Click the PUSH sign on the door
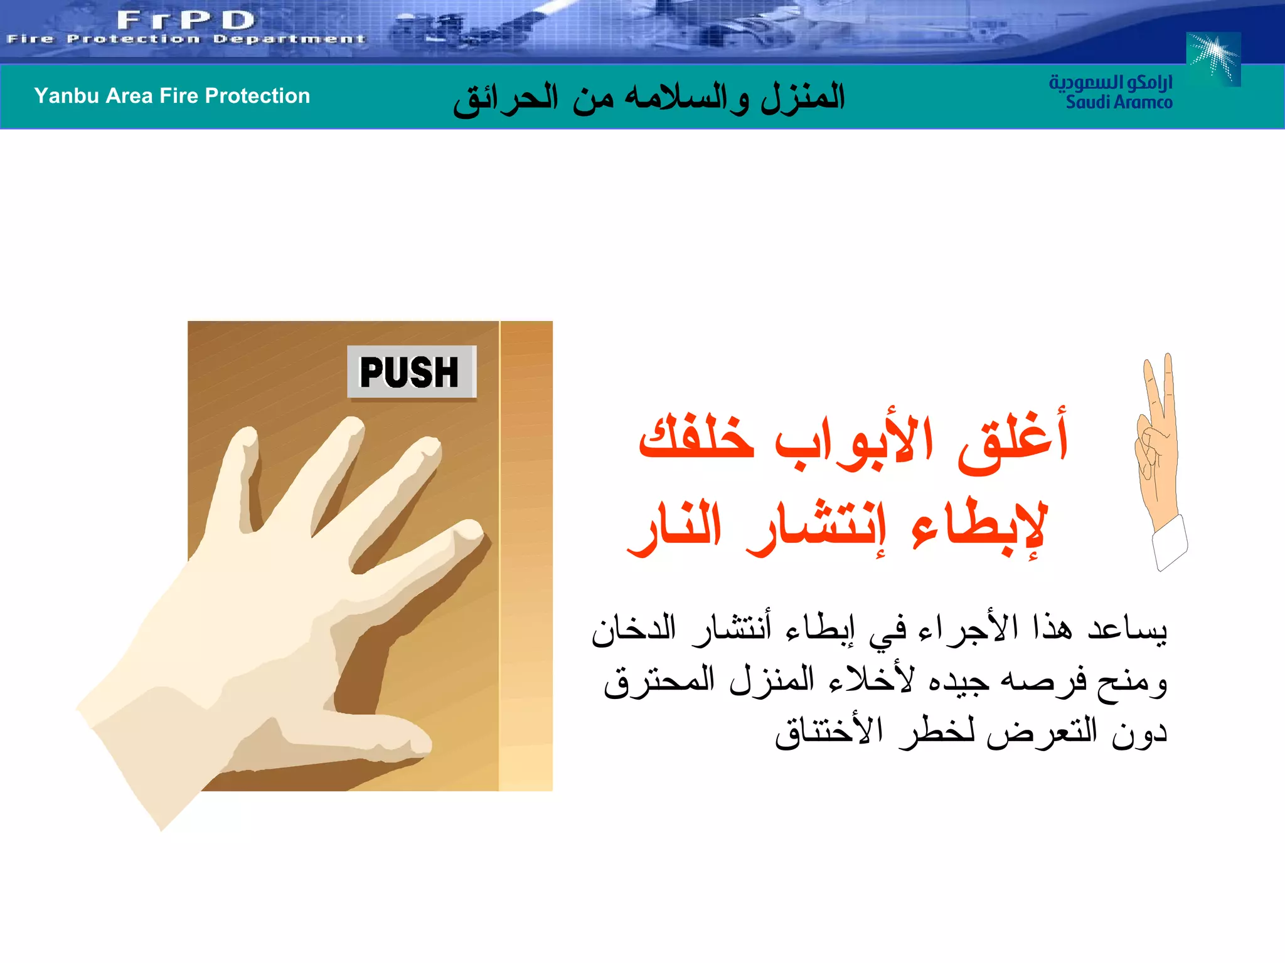tap(412, 372)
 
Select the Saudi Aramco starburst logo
tap(1213, 59)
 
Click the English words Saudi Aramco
tap(1119, 102)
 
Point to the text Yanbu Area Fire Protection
tap(172, 96)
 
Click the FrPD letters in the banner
tap(186, 20)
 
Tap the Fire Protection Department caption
tap(186, 39)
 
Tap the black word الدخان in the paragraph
tap(634, 628)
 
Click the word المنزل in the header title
tap(803, 98)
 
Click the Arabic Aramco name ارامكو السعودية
tap(1111, 82)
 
